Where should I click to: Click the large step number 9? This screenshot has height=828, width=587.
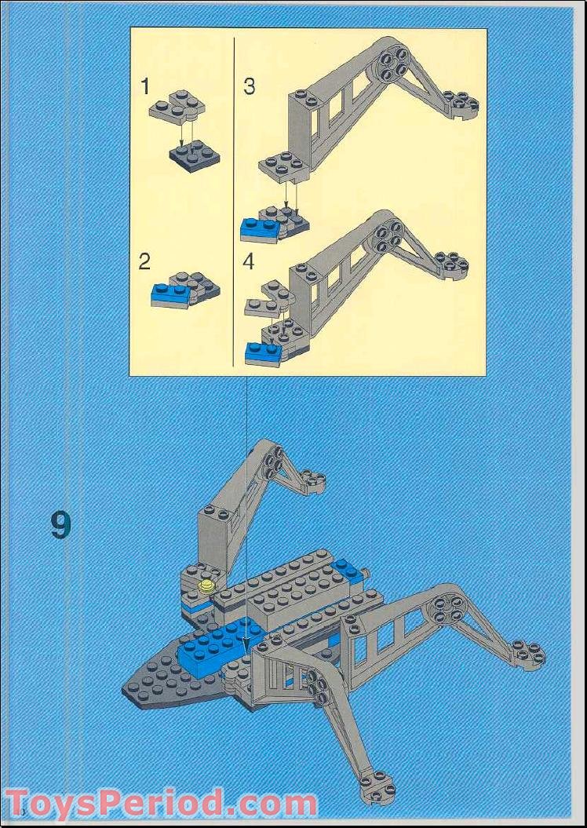pos(61,525)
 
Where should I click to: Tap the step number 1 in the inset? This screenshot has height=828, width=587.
pos(144,86)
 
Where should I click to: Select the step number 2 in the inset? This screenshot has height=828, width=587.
pos(144,261)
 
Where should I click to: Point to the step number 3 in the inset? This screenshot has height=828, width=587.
pos(249,86)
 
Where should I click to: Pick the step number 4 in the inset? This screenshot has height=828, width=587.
pos(249,261)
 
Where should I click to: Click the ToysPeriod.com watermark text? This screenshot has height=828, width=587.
pos(161,804)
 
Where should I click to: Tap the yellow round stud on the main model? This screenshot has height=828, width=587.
pos(207,585)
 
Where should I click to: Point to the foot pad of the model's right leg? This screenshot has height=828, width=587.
pos(527,653)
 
